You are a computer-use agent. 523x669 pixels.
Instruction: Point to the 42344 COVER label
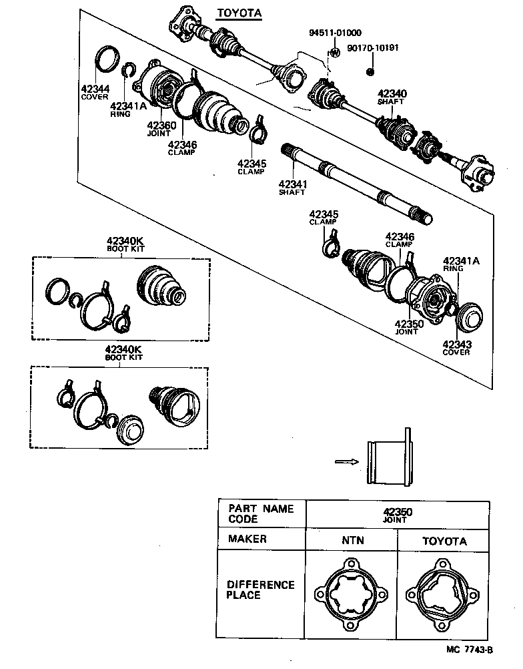click(95, 92)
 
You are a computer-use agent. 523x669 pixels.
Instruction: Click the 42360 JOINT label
click(161, 128)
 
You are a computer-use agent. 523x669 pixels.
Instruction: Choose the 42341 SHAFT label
click(292, 188)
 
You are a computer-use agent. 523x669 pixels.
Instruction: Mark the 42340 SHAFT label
click(392, 97)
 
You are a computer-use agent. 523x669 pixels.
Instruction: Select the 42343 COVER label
click(456, 348)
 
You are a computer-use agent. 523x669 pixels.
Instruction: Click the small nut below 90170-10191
click(371, 70)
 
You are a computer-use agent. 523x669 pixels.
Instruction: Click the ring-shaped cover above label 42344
click(106, 58)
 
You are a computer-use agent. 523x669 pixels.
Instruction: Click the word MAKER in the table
click(247, 539)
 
